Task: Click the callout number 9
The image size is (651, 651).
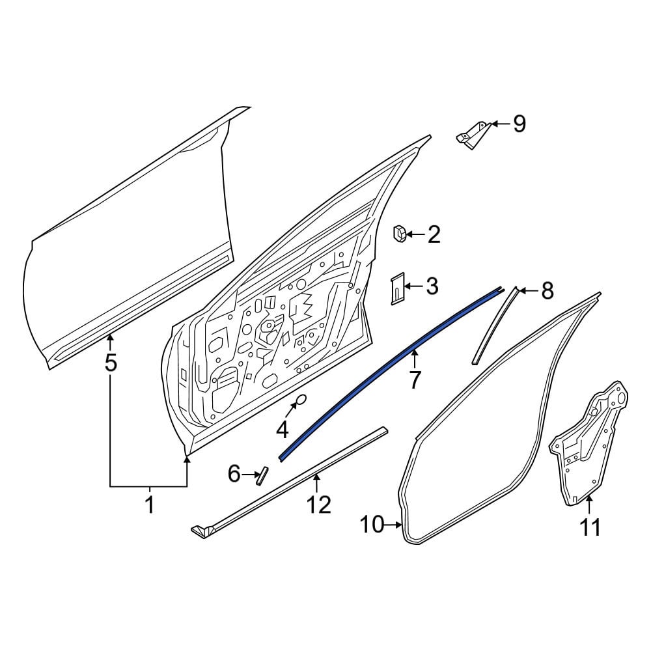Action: (x=519, y=124)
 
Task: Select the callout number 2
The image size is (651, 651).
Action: (x=434, y=235)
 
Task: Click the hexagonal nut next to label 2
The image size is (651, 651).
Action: (x=400, y=234)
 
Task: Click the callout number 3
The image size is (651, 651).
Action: (x=432, y=286)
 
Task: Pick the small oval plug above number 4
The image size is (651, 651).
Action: (x=300, y=400)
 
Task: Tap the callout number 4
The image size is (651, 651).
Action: (x=283, y=430)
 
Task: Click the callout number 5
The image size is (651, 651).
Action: (x=111, y=363)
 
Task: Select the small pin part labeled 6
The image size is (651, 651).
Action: (x=262, y=476)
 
